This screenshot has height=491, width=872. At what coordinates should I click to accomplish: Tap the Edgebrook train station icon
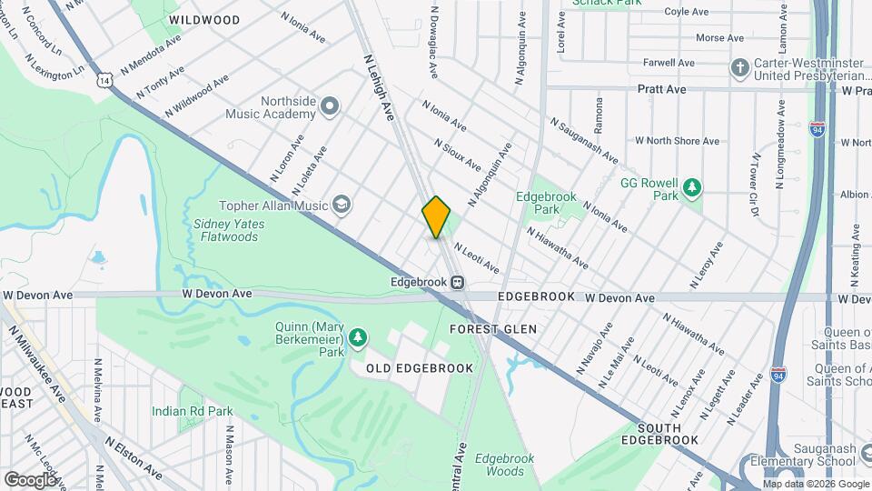click(457, 282)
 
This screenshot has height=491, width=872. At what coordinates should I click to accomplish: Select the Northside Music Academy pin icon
click(329, 107)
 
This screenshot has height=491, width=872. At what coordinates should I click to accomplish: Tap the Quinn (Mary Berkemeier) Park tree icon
click(359, 338)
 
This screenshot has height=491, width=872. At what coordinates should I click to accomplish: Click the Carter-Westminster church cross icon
click(739, 68)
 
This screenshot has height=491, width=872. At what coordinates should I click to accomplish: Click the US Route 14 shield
click(107, 81)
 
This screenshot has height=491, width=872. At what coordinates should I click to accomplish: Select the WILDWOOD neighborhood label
click(204, 20)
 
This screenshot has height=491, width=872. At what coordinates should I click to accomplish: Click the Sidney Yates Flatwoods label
click(225, 230)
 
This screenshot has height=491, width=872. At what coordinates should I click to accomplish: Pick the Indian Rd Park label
click(193, 411)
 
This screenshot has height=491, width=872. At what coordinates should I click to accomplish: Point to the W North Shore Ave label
click(677, 141)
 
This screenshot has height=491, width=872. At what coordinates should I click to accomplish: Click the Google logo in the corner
click(31, 479)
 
